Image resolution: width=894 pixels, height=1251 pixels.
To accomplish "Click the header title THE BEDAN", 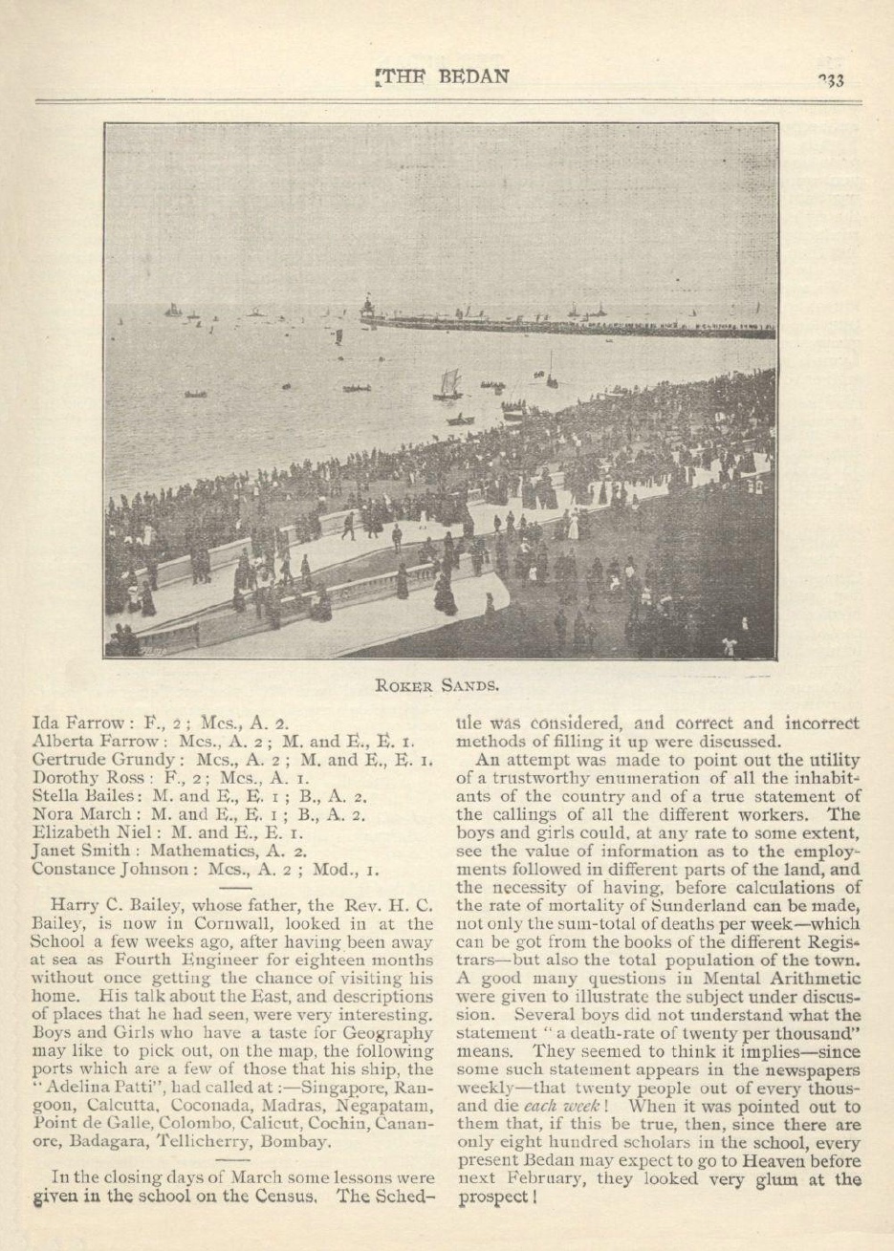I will [x=443, y=76].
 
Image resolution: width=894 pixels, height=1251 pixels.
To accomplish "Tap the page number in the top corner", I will [x=830, y=79].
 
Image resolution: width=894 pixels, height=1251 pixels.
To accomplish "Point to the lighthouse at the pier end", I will [x=366, y=307].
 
